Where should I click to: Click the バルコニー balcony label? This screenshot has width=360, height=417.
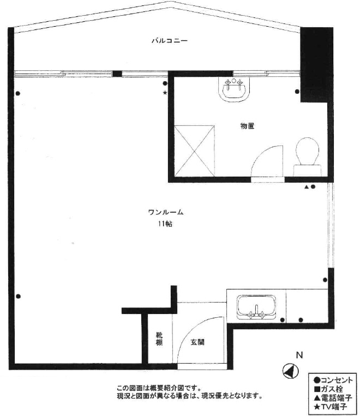(170, 41)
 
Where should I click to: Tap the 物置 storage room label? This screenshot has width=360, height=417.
(247, 126)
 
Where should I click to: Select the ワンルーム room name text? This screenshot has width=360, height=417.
(166, 212)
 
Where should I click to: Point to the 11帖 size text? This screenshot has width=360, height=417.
(165, 224)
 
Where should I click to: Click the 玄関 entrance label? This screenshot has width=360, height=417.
(197, 342)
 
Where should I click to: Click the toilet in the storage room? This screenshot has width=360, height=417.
(307, 156)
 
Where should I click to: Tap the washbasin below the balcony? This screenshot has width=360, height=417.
(234, 89)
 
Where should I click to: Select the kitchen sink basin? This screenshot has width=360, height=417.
(256, 307)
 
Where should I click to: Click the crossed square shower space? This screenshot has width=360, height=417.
(194, 151)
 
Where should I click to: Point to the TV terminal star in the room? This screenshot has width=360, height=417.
(165, 93)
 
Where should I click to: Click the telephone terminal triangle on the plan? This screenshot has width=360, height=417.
(307, 187)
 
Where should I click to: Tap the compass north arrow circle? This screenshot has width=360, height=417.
(290, 371)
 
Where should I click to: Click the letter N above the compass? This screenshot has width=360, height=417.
(299, 355)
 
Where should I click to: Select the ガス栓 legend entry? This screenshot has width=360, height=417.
(328, 389)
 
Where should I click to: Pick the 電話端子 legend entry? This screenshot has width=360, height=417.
(333, 398)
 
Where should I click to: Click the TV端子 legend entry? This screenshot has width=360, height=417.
(331, 407)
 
